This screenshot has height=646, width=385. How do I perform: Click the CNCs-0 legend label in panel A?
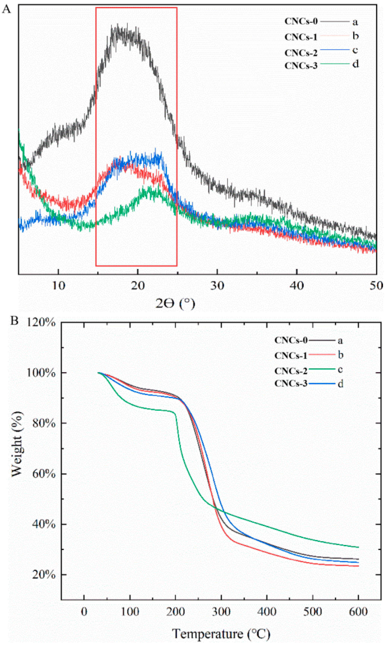pyautogui.click(x=301, y=21)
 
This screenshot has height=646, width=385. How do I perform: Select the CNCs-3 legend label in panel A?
pyautogui.click(x=301, y=66)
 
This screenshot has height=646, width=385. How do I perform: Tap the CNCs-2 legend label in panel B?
pyautogui.click(x=291, y=371)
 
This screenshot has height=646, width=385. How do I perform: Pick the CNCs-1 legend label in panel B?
pyautogui.click(x=291, y=356)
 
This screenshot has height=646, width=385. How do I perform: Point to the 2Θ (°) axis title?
pyautogui.click(x=175, y=303)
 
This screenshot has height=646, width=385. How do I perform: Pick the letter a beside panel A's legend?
pyautogui.click(x=355, y=22)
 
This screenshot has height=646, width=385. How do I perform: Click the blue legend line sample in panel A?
pyautogui.click(x=335, y=49)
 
